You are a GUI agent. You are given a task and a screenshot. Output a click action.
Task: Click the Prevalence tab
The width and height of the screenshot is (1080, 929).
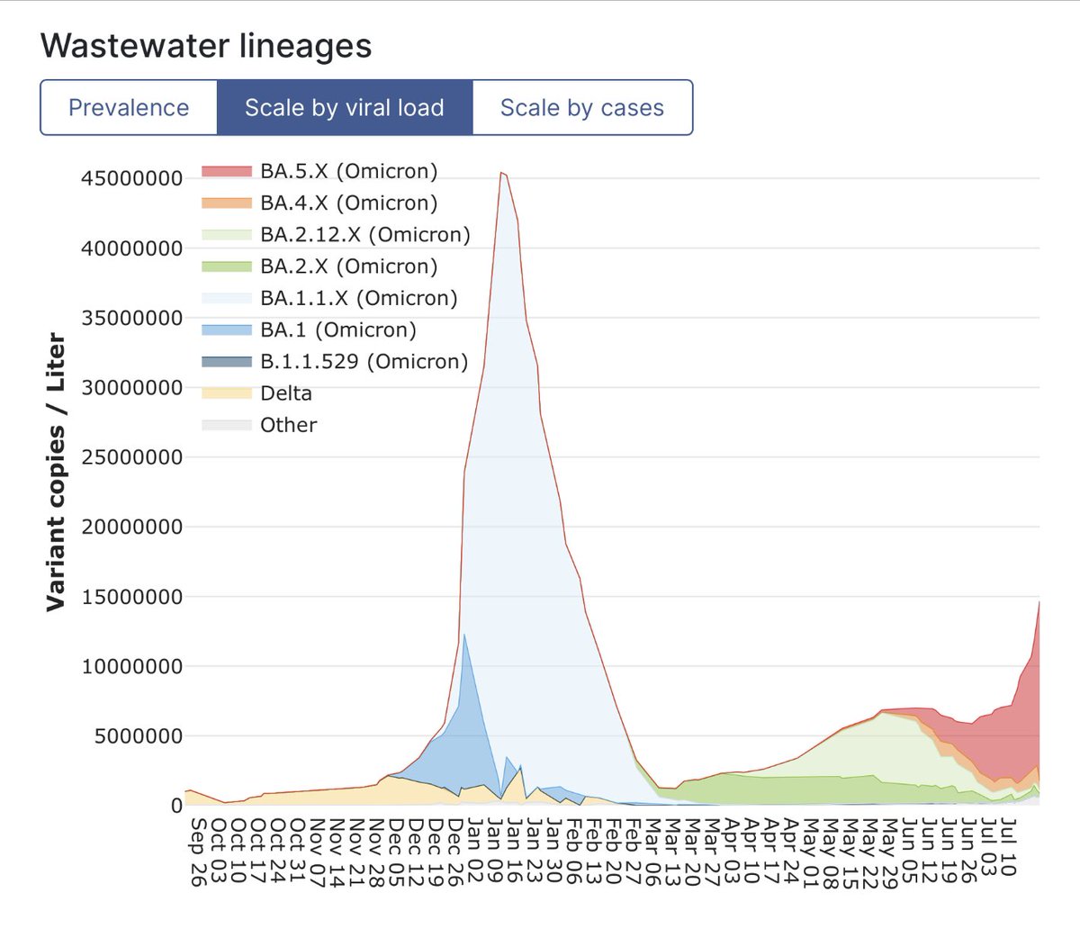point(129,108)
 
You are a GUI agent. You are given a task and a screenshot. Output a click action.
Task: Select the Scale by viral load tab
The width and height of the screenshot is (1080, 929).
point(345,108)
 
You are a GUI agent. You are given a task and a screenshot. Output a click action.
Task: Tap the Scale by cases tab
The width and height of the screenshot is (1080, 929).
point(581,108)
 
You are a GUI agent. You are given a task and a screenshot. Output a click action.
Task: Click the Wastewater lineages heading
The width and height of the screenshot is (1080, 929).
point(206,46)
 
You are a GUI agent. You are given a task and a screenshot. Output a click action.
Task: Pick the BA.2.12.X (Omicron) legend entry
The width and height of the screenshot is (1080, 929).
point(364,235)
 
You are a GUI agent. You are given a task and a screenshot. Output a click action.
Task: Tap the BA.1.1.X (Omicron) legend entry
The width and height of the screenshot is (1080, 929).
point(358,298)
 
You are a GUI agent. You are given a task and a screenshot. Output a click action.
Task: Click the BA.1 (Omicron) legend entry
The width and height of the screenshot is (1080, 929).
point(337,329)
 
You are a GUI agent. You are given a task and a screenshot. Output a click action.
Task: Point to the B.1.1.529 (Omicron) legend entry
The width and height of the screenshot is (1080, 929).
point(364,362)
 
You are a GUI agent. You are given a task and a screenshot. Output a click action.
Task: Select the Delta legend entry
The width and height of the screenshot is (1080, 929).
point(285,393)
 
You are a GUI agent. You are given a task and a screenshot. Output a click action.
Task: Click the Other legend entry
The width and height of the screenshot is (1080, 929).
point(288,425)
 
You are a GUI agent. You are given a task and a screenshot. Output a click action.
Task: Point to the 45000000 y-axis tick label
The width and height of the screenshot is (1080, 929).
point(131,178)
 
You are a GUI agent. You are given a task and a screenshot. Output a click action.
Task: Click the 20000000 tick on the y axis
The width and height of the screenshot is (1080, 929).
point(131,527)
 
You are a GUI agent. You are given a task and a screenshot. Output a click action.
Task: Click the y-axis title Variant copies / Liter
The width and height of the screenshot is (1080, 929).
point(56,472)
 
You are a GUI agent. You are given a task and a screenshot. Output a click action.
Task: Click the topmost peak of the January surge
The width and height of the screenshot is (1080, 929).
point(501,173)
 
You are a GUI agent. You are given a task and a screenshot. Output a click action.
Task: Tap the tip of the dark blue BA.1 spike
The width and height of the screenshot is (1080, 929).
point(464,635)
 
